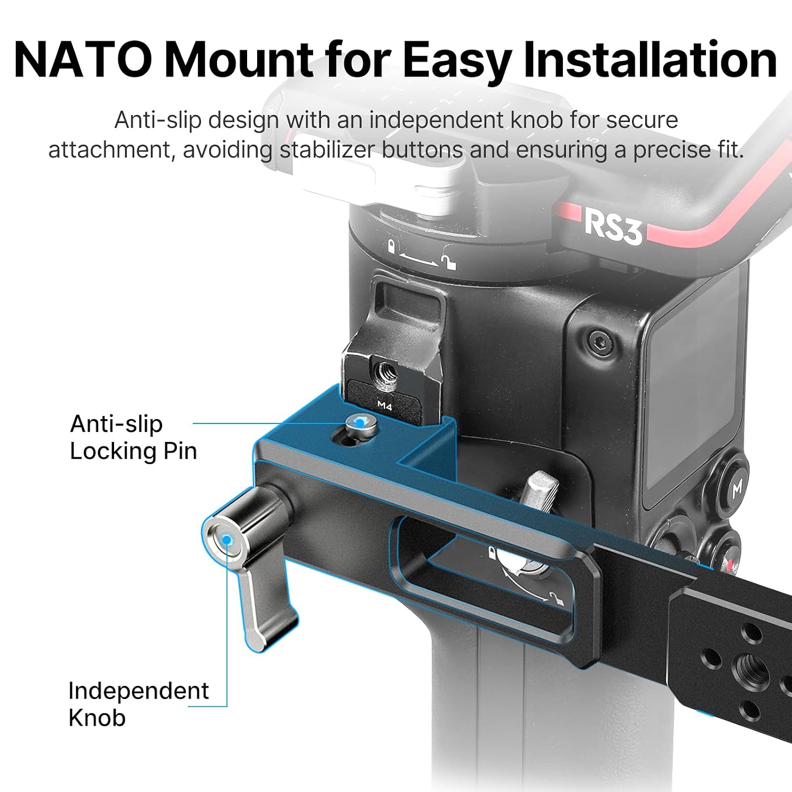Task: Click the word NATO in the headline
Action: click(x=83, y=59)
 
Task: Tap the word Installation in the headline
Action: click(x=649, y=59)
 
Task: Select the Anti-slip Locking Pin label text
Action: click(x=133, y=437)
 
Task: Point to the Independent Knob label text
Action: click(x=138, y=704)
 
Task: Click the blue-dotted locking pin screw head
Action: click(x=362, y=423)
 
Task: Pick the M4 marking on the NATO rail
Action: click(x=385, y=406)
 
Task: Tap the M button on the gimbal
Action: click(x=736, y=488)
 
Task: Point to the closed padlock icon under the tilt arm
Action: click(x=392, y=247)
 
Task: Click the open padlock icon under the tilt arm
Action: click(x=449, y=260)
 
